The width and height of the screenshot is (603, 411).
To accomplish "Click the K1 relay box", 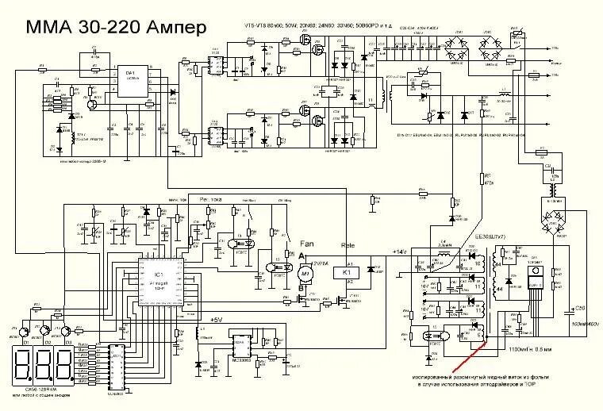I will click(347, 271).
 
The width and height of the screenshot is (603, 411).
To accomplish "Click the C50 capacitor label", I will click(579, 308).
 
